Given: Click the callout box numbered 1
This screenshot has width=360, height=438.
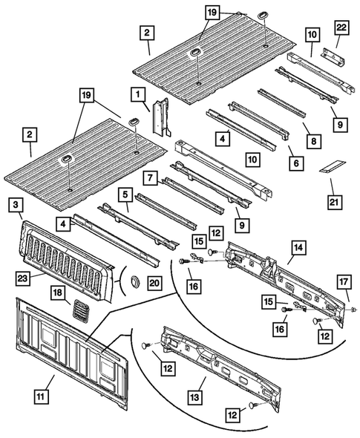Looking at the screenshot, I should [137, 94].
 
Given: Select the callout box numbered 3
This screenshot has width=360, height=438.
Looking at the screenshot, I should [17, 206].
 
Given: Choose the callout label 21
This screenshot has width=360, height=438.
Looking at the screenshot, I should [329, 200].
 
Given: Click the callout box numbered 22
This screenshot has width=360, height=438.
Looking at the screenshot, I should [341, 27].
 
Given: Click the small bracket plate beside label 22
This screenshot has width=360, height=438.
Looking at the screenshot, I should [331, 54].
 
